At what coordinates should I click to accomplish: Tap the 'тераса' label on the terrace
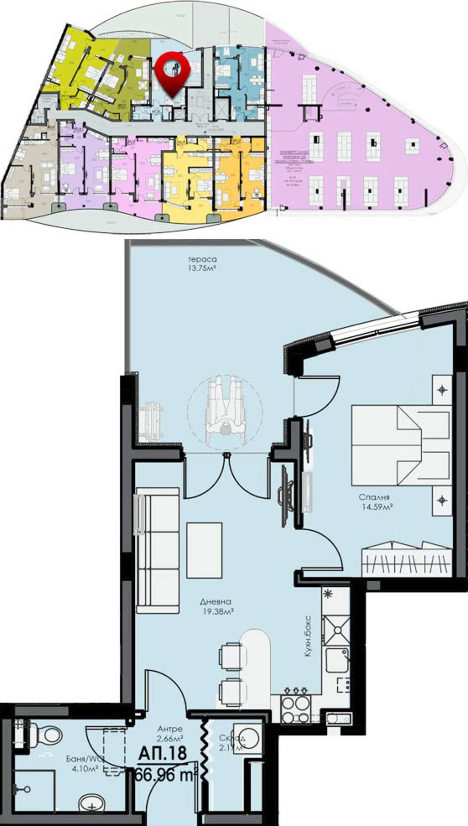[x=202, y=259]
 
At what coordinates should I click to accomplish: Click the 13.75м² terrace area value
[x=202, y=268]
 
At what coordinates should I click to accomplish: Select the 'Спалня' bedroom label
[x=374, y=497]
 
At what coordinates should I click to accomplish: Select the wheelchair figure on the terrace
[x=225, y=411]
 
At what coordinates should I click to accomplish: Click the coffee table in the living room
[x=204, y=550]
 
